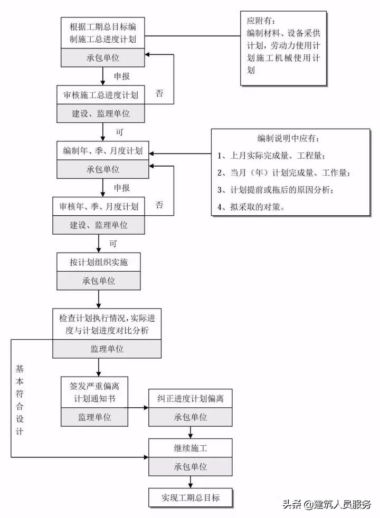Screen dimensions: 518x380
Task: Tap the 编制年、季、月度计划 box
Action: (x=103, y=151)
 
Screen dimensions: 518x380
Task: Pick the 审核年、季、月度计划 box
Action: (x=99, y=206)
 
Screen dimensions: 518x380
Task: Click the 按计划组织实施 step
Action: (x=99, y=262)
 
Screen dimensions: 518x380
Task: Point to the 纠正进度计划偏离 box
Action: (x=191, y=398)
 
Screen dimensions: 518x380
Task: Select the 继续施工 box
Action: (x=191, y=449)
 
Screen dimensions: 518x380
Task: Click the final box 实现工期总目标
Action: (x=191, y=497)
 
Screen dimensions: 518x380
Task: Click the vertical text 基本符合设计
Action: (x=20, y=400)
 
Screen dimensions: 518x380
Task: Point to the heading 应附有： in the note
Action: (x=259, y=22)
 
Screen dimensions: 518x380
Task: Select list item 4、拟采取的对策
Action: (x=251, y=207)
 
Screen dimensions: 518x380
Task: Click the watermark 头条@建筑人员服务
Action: (x=327, y=504)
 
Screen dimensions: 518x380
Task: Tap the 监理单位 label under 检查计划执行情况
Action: (x=107, y=349)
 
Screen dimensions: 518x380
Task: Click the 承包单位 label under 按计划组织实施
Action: (x=99, y=281)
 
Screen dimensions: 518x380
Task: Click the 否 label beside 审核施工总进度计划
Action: (x=159, y=94)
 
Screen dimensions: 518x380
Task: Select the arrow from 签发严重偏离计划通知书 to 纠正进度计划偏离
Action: (x=138, y=408)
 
